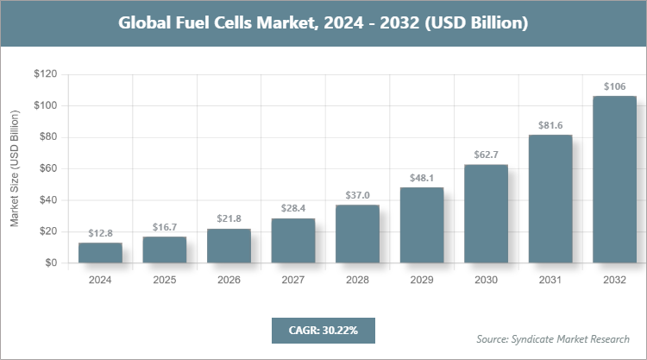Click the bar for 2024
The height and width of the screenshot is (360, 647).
point(100,252)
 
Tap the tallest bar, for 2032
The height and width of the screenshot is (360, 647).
point(614,179)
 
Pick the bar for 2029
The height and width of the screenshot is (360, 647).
point(421,224)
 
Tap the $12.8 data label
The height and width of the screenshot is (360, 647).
point(100,233)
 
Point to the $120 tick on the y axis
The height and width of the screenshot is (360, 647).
point(45,75)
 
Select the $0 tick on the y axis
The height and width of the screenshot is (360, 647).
point(51,262)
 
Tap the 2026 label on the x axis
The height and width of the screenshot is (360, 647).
point(229,280)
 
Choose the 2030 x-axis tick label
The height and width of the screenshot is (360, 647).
point(486,280)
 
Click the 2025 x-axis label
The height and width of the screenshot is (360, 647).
point(164,280)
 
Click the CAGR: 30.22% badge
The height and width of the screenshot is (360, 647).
point(323,330)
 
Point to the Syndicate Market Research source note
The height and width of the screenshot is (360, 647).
point(553,338)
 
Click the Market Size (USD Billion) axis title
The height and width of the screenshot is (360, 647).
point(15,169)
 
